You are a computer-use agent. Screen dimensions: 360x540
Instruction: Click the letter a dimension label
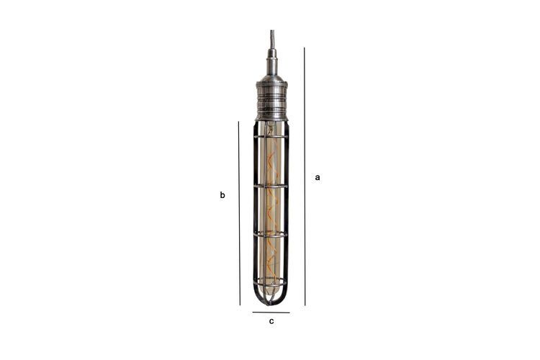[318, 177]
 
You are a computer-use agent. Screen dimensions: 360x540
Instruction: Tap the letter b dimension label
[222, 195]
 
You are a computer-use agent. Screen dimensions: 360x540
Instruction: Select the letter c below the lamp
[271, 321]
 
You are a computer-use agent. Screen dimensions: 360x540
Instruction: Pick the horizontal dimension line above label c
[271, 312]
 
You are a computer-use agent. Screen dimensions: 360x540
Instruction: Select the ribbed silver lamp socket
[271, 99]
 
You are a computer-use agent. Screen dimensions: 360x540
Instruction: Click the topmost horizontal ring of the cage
[271, 135]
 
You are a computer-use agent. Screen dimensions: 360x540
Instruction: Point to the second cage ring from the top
[271, 186]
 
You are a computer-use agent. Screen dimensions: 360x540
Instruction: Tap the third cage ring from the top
[271, 234]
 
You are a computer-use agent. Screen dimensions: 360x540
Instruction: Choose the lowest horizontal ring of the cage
[271, 279]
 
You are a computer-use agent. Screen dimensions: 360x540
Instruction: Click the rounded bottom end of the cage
[271, 301]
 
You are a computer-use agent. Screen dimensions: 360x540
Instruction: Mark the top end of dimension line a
[305, 48]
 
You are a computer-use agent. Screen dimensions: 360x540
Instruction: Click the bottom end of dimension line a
[305, 305]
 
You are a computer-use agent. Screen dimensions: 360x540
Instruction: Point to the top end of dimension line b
[239, 122]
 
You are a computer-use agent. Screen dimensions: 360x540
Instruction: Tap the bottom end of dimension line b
[239, 305]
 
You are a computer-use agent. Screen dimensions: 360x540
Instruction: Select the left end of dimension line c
[253, 312]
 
